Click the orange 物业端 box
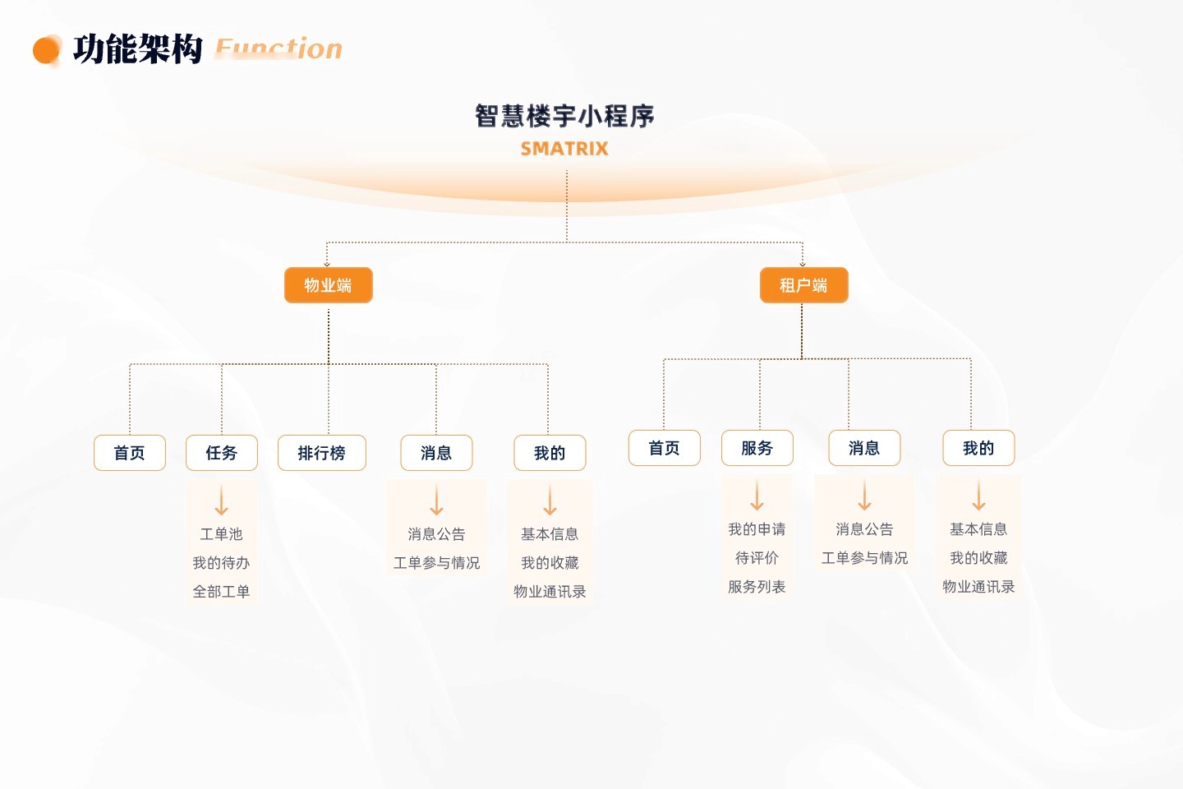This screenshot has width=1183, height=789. click(328, 285)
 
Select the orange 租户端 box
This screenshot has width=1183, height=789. click(803, 285)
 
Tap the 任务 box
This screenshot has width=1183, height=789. click(222, 453)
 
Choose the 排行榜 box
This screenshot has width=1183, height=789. click(322, 453)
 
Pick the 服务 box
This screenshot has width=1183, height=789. click(757, 448)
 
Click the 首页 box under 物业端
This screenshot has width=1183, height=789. click(130, 453)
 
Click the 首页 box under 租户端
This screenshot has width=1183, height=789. click(665, 448)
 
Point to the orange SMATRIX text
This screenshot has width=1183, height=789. click(564, 149)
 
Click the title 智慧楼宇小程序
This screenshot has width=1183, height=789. click(564, 116)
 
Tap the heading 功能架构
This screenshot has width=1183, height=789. click(137, 49)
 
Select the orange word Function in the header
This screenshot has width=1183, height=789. click(278, 49)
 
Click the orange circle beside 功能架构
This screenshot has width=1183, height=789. click(46, 50)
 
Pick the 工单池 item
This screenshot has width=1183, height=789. click(221, 534)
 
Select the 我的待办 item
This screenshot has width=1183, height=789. click(221, 563)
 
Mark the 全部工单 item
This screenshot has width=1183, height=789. click(221, 592)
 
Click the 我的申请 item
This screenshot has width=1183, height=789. click(757, 529)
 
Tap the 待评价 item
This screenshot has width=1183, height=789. click(757, 558)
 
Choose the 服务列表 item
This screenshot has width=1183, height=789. click(757, 587)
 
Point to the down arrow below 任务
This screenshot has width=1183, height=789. click(222, 500)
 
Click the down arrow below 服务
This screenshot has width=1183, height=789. click(757, 496)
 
